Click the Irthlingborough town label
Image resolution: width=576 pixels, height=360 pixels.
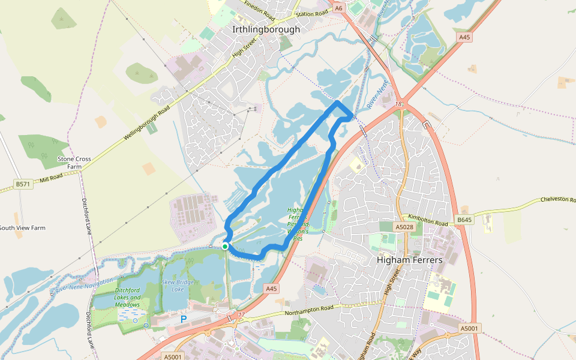[266, 29]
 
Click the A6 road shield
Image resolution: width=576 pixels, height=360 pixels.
[339, 8]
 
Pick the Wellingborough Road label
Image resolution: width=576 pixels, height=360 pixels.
[147, 123]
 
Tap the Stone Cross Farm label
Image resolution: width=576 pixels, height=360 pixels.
[74, 163]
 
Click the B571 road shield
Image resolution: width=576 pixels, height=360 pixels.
[23, 184]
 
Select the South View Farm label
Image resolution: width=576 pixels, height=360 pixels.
[23, 228]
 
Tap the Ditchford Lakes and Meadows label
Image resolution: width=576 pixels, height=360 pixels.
[127, 297]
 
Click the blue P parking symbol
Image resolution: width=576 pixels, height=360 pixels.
[184, 319]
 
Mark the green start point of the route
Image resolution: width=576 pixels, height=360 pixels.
[225, 246]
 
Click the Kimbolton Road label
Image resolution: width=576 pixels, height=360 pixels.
[429, 220]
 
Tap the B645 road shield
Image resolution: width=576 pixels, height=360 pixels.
[464, 220]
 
